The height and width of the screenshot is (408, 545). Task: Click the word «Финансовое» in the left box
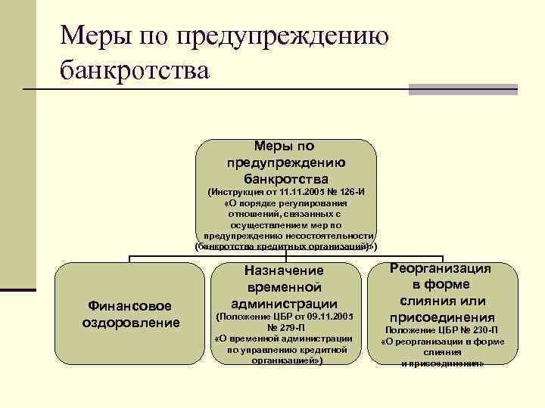tap(131, 306)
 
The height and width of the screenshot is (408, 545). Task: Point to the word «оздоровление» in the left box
tap(131, 323)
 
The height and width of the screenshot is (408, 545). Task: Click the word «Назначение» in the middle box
tap(285, 270)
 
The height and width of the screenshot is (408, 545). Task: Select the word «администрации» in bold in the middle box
tap(285, 304)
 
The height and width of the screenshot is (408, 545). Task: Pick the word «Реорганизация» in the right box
tap(441, 268)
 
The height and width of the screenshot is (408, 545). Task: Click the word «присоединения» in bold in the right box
tap(442, 317)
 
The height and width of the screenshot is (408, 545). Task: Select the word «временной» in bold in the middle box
tap(285, 287)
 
